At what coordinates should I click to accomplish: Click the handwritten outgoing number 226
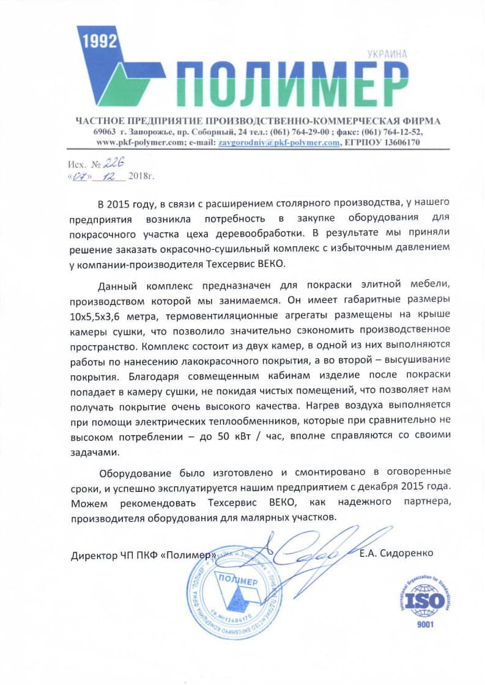113,163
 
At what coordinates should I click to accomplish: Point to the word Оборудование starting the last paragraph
131,472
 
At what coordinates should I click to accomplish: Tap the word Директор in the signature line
91,556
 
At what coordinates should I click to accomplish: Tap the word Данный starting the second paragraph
117,286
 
